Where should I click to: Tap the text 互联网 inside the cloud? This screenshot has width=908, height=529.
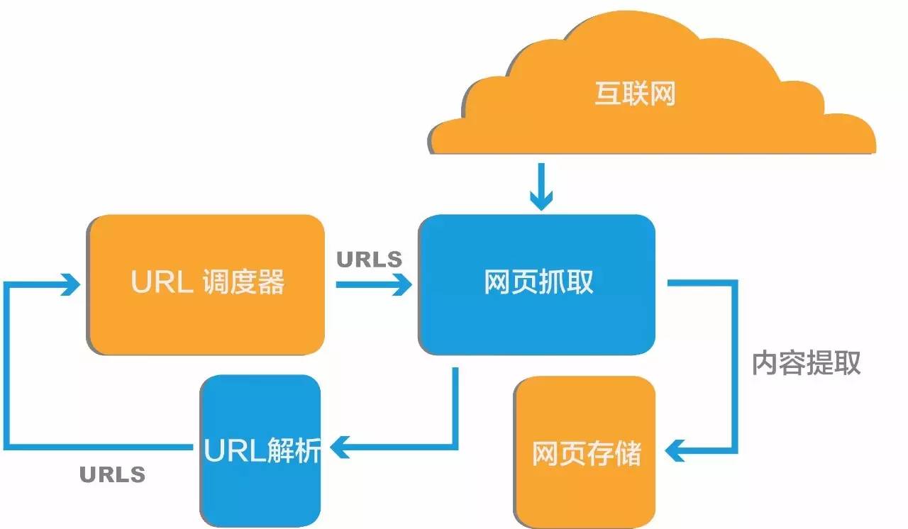tap(634, 94)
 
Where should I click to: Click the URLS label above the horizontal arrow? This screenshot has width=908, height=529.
tap(369, 260)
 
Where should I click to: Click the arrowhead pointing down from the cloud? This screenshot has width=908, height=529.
tap(541, 201)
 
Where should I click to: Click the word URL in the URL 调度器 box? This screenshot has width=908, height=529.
tap(161, 283)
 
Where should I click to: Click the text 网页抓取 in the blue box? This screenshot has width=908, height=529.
tap(538, 283)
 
